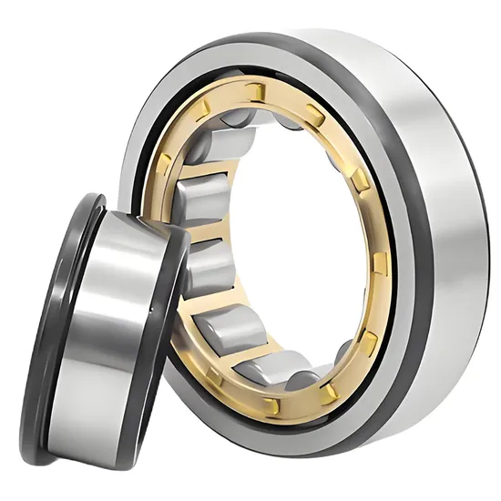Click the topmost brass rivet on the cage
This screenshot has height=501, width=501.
coord(258,91)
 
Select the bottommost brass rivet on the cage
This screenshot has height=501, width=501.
coord(271,404)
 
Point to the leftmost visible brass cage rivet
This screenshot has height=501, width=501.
coord(163,164)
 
